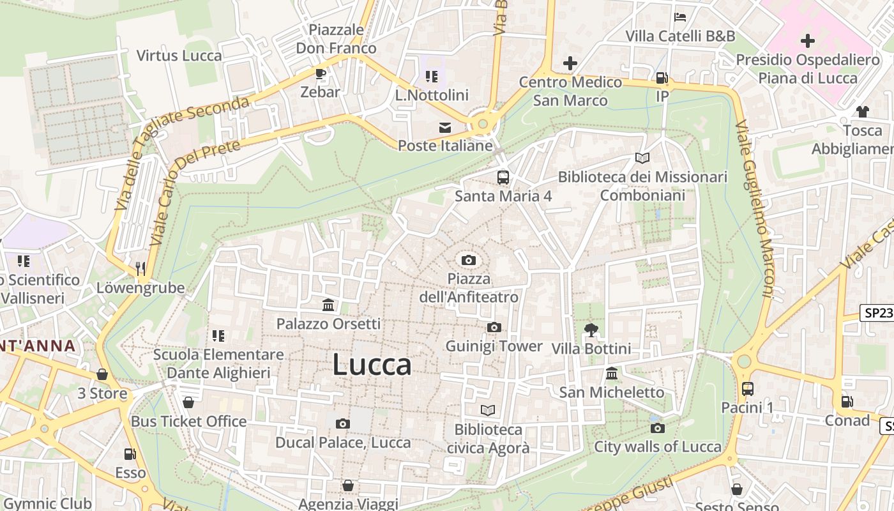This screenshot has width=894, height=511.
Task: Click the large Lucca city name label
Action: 372,365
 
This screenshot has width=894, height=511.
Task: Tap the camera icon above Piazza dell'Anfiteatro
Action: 469,260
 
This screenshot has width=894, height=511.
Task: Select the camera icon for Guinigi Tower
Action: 494,328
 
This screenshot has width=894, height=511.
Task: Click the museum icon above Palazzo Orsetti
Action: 328,305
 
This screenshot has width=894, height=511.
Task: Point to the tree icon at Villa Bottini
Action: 591,330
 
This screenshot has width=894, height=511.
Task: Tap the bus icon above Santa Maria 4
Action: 503,177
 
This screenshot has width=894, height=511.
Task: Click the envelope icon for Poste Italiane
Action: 444,128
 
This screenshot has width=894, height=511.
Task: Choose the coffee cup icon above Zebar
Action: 321,73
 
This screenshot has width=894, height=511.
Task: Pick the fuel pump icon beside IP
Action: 662,78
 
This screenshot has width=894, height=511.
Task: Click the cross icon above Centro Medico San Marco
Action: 570,63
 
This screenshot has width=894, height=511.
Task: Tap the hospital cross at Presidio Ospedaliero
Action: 807,42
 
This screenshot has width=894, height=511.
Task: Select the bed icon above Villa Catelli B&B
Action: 680,17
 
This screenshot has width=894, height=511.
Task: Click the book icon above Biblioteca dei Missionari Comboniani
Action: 642,158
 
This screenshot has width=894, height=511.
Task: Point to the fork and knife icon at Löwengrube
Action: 141,269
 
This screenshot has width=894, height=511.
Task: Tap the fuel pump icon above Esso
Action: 130,454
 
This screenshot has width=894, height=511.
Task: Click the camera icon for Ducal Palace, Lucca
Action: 343,423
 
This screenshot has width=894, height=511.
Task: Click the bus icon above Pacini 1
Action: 747,388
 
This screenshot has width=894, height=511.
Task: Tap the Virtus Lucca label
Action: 179,56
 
